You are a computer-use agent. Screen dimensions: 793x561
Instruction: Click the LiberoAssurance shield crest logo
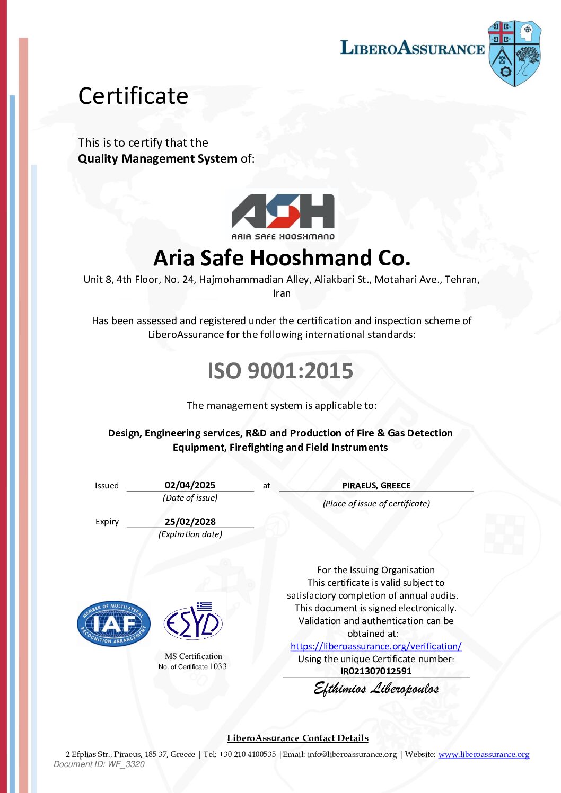(x=514, y=54)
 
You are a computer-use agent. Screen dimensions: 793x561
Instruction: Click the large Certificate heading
(x=133, y=96)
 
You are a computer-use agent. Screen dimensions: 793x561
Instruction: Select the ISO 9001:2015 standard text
(x=280, y=371)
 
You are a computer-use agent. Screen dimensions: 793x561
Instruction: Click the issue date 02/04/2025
(x=190, y=485)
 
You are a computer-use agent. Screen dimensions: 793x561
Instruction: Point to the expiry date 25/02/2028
(x=190, y=522)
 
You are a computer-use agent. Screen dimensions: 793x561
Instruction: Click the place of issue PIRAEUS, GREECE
(x=376, y=485)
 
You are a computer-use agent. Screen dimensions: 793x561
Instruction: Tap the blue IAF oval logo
(x=113, y=623)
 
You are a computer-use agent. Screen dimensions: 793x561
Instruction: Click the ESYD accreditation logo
(x=193, y=622)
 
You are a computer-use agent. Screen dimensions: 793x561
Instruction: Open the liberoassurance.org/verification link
(x=376, y=646)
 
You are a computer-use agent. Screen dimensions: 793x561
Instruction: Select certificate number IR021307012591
(x=376, y=671)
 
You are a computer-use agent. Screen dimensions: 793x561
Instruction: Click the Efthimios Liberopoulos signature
(x=376, y=689)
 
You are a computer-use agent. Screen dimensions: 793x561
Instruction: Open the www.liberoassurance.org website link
(x=484, y=754)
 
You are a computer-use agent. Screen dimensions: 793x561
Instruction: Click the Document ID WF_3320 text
(x=99, y=764)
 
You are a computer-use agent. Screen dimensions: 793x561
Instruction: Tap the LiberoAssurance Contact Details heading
(x=297, y=738)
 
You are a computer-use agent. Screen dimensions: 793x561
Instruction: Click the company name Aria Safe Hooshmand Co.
(x=282, y=258)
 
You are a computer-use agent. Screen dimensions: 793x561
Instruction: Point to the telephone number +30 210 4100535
(x=247, y=754)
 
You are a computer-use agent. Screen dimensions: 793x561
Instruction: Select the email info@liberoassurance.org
(x=352, y=754)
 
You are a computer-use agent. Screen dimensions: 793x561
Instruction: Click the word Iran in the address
(x=282, y=293)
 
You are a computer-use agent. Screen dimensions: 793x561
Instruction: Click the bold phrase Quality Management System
(x=157, y=158)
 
